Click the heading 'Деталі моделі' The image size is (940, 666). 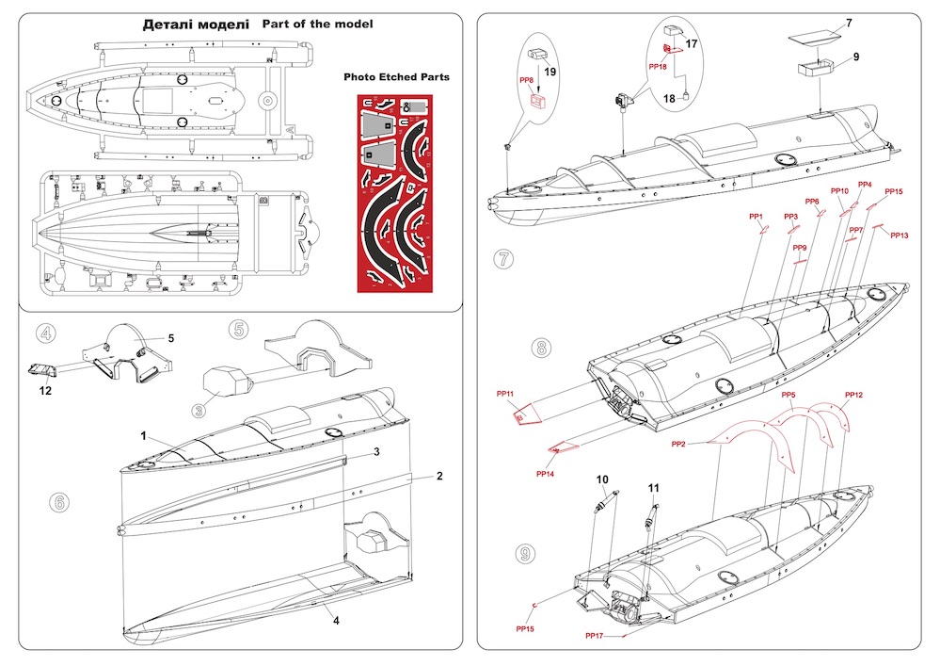click(196, 24)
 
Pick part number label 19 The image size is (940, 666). click(550, 71)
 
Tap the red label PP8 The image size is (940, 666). click(527, 81)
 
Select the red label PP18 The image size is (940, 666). click(658, 68)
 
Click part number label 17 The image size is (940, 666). click(692, 43)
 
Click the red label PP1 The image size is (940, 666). click(756, 217)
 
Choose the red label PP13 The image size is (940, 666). click(900, 235)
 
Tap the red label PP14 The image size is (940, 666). click(546, 473)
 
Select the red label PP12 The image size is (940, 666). click(853, 395)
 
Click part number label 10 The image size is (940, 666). click(602, 480)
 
